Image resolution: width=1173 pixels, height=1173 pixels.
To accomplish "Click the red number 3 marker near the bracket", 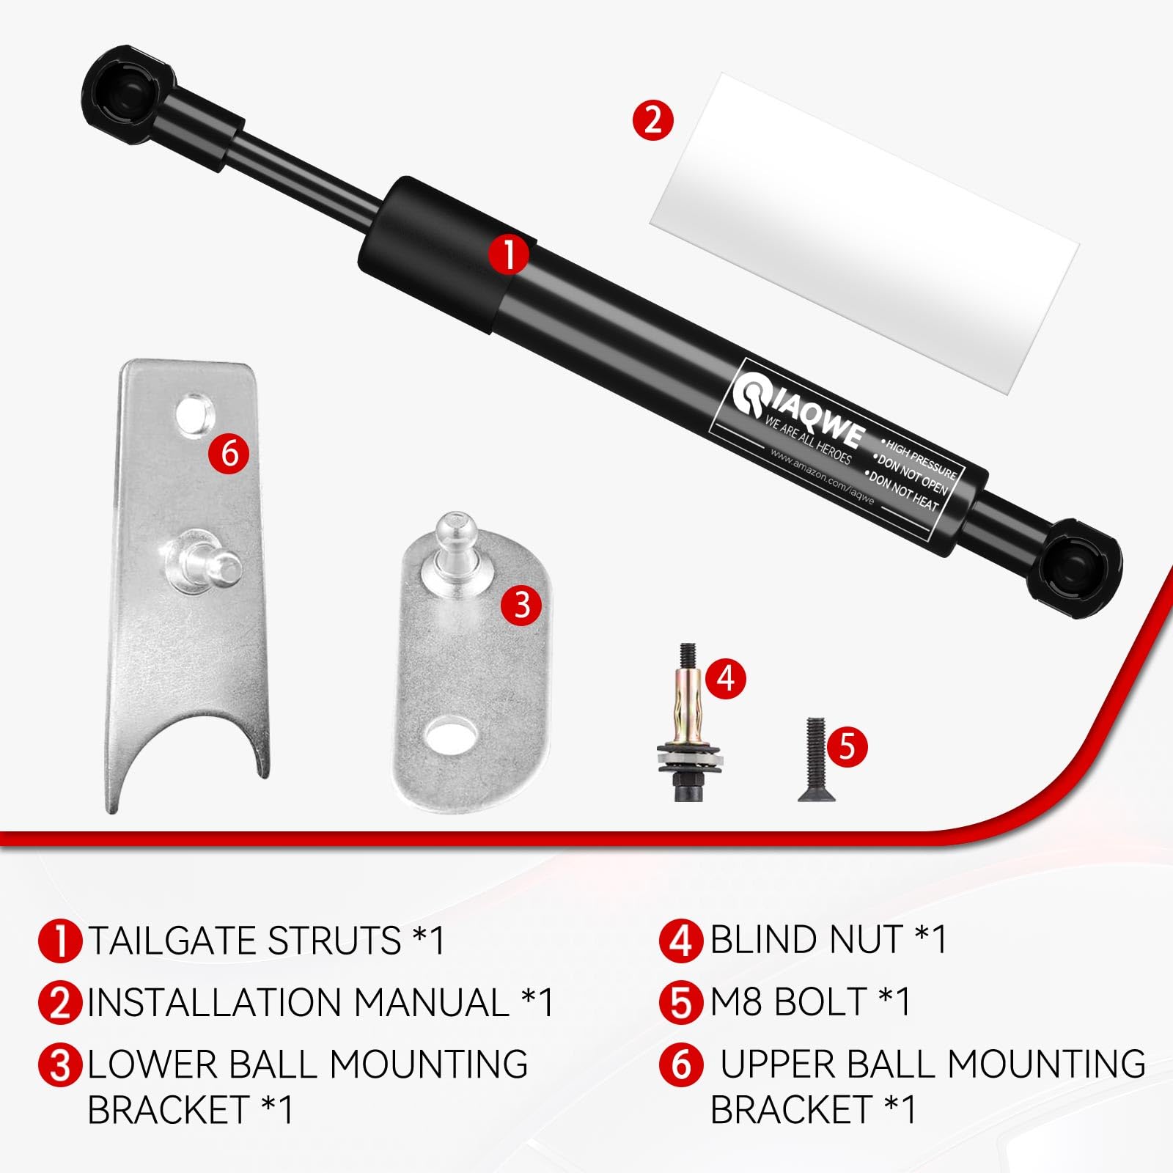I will coord(521,605).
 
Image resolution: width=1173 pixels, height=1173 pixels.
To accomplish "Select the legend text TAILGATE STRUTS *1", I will coord(266,941).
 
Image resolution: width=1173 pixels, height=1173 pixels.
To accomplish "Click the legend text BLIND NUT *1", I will coord(828,939).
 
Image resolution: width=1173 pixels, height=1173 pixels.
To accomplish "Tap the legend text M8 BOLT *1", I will coord(809,1001).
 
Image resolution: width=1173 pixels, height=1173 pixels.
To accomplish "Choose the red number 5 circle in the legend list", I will coord(680,1002).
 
